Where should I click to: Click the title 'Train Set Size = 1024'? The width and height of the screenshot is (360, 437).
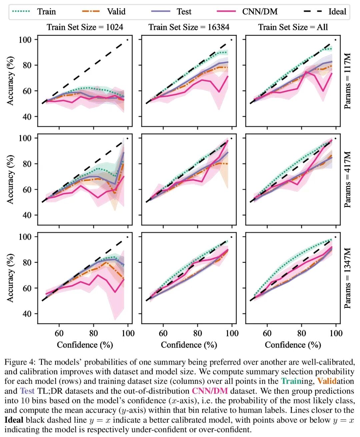point(85,27)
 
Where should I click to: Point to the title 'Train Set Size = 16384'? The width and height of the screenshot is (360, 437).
point(189,27)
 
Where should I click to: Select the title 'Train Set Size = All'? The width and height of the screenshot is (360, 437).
point(293,27)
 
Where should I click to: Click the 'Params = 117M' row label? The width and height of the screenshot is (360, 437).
point(348,81)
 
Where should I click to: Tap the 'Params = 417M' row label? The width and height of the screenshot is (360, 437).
point(348,179)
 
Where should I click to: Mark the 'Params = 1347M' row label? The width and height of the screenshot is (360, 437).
point(348,278)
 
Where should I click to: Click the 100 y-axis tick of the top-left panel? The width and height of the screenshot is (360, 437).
point(25,40)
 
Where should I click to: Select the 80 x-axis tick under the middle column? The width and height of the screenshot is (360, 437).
point(198,333)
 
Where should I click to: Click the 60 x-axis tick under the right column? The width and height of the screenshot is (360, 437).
point(267,333)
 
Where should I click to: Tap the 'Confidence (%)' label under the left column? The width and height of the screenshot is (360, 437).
point(85,345)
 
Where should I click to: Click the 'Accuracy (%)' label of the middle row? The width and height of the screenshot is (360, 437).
point(10,179)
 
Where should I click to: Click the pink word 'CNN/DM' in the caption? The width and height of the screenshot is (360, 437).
point(210,391)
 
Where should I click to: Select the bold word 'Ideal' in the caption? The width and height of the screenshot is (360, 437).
point(14,420)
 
